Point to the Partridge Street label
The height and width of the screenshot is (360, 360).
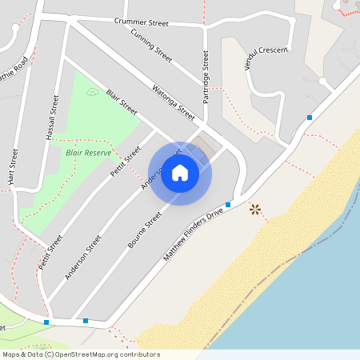point(206,73)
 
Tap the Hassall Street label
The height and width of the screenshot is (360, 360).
point(54,118)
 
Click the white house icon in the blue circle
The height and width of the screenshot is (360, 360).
point(180,173)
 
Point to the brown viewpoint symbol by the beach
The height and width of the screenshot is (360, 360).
point(255,210)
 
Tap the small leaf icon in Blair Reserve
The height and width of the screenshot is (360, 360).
point(91,93)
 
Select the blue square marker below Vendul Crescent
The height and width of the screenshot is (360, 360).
point(310,118)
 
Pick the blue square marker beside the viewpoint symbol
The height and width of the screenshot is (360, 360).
point(228,205)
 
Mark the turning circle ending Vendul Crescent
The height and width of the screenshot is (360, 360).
point(322,82)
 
